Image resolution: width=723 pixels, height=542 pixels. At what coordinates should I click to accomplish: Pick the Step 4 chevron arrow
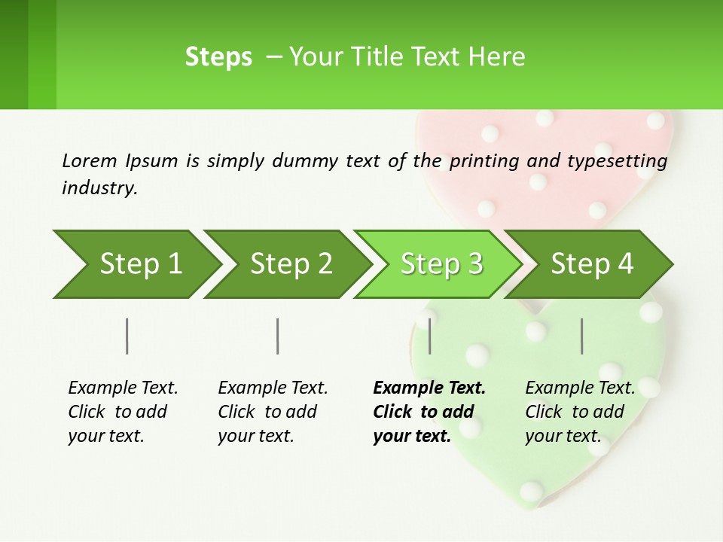point(592,264)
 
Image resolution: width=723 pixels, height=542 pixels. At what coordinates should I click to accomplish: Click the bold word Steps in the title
point(218,57)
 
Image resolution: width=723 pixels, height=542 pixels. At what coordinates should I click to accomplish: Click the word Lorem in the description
point(89,160)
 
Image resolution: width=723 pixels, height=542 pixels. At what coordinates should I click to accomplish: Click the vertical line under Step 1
point(127,336)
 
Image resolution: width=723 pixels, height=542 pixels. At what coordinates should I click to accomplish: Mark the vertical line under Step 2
point(278,336)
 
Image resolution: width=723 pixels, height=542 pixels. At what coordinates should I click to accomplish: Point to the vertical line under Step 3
point(430,336)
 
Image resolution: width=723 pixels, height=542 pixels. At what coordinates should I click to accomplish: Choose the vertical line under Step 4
point(582,336)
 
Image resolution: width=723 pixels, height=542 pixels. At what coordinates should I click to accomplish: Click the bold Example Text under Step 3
point(429,388)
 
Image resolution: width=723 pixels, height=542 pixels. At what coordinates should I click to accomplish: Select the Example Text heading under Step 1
point(123,388)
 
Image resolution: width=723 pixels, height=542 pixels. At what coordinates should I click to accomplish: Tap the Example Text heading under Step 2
point(273,388)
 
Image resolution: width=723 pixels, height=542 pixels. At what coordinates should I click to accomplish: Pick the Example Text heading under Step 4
point(580,388)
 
